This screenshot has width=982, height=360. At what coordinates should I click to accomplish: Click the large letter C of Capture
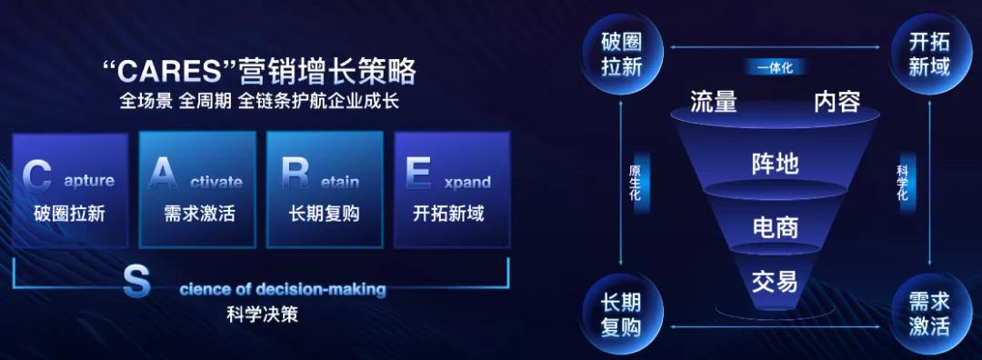click(x=36, y=175)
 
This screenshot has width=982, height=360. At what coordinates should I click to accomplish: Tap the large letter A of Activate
click(x=163, y=174)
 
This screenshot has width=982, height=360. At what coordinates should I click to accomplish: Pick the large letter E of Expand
click(x=418, y=174)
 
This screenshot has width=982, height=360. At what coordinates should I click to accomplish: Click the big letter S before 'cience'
click(x=136, y=283)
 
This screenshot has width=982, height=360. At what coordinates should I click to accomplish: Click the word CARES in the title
click(x=172, y=71)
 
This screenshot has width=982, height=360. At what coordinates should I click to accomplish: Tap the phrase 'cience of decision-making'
click(x=283, y=290)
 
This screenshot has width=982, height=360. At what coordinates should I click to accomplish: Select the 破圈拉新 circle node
click(x=621, y=54)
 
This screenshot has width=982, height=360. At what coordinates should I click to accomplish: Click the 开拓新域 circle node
click(x=929, y=54)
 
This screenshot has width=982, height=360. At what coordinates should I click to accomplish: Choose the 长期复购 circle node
click(x=621, y=315)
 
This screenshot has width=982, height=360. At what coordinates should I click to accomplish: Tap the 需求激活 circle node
click(x=929, y=315)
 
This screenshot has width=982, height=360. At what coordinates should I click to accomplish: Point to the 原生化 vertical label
click(x=636, y=184)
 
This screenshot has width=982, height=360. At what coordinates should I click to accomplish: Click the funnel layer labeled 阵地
click(x=775, y=164)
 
